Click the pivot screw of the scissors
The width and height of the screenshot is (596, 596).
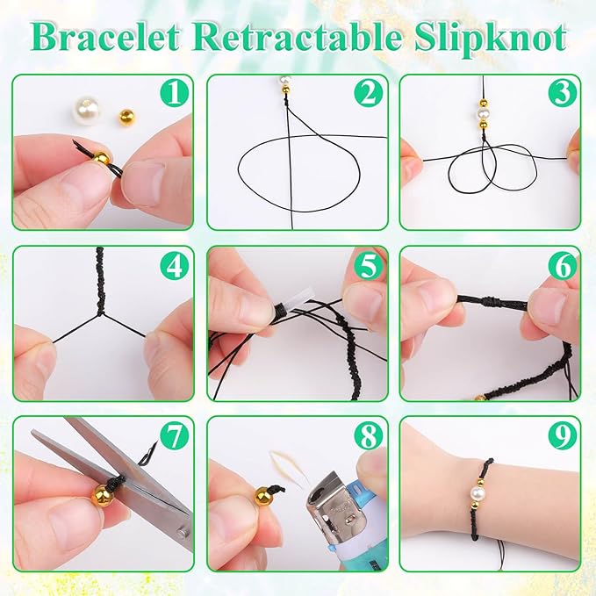click(182, 532)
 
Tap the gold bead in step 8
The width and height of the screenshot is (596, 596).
click(262, 497)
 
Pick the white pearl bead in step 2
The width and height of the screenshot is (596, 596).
click(284, 81)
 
